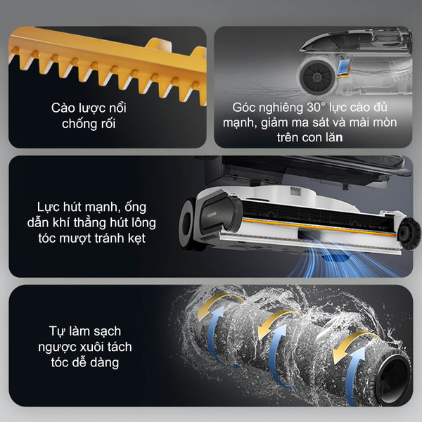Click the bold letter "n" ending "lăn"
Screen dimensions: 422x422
340,138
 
